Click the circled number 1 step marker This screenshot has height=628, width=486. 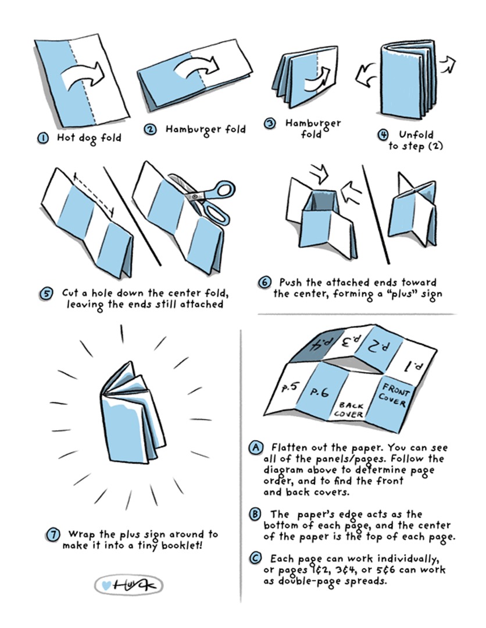[42, 138]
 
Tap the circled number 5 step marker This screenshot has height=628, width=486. [46, 294]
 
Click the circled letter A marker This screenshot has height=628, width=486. [256, 447]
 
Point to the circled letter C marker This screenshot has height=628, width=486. [255, 558]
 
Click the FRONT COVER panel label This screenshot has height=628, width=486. [394, 394]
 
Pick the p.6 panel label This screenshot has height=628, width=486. [320, 392]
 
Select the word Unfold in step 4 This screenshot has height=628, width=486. [416, 134]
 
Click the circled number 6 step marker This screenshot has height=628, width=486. [265, 283]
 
